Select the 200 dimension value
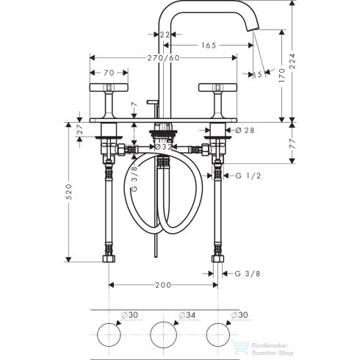click(163, 284)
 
